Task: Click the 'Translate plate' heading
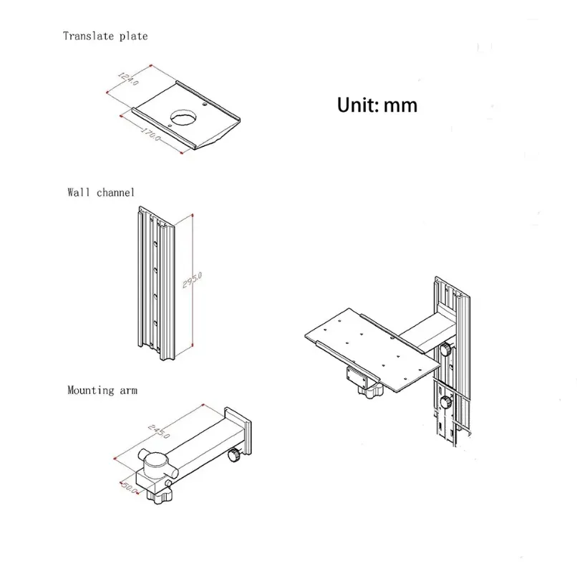(105, 35)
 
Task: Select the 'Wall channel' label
(101, 192)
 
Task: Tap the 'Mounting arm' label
(102, 391)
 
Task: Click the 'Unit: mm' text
(377, 105)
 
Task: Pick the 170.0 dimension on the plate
(149, 133)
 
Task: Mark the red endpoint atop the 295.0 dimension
(194, 214)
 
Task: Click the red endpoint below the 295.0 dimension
(195, 345)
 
